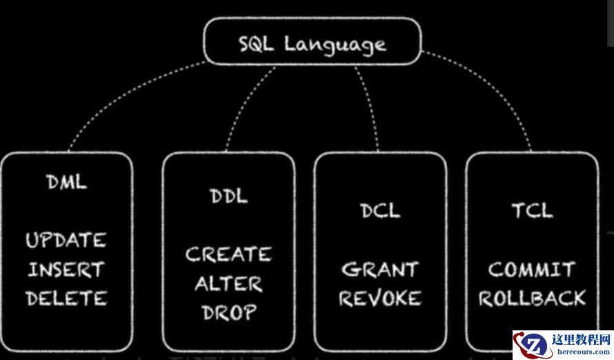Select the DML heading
tap(67, 182)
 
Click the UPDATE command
tap(66, 241)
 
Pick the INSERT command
tap(66, 270)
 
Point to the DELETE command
tap(66, 299)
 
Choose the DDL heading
tap(228, 196)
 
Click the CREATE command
tap(228, 254)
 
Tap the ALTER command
tap(228, 283)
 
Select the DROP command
tap(228, 312)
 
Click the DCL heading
tap(380, 210)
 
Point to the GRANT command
tap(380, 269)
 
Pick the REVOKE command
tap(380, 298)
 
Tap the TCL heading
tap(532, 210)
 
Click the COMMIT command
tap(532, 269)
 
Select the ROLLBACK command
tap(532, 298)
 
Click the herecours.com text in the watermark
tap(582, 351)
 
